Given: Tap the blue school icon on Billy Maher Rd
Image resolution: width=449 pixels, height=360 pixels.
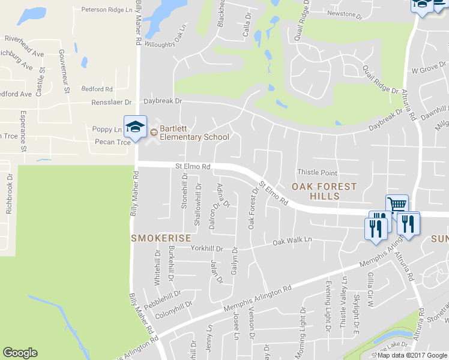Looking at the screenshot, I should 135,127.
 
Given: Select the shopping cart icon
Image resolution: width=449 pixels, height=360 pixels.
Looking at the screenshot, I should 397,205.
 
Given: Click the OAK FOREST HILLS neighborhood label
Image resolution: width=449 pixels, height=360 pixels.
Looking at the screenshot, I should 324,191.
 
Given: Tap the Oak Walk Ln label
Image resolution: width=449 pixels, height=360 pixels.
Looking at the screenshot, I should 293,241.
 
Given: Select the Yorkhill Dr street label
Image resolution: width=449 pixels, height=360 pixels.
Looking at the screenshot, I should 206,248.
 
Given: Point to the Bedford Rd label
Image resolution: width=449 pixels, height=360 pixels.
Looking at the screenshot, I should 97,89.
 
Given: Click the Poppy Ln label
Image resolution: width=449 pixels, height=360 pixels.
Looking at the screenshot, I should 107,129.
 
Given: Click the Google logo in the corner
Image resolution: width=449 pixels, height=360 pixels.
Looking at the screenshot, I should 20,353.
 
